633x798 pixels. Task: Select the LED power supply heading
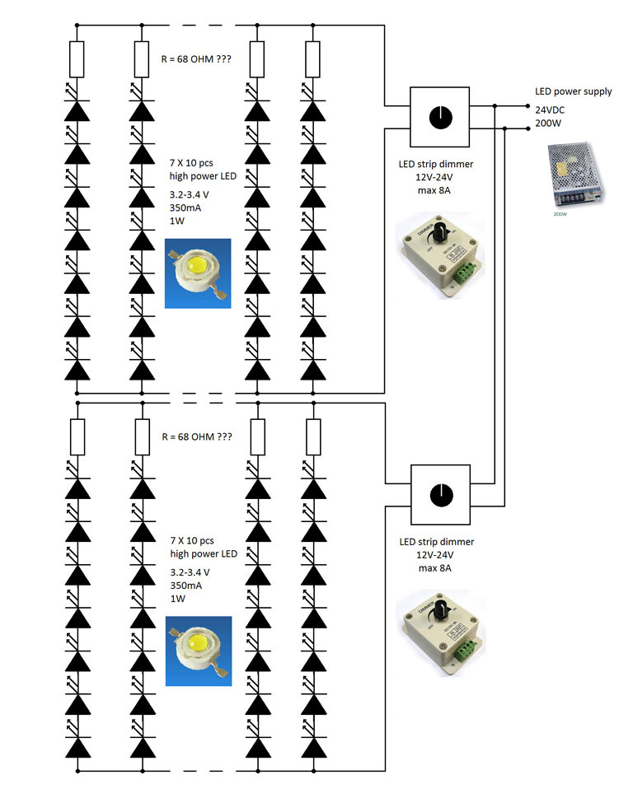click(x=574, y=91)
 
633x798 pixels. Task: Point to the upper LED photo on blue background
click(x=198, y=273)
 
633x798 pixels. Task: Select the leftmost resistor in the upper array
click(x=77, y=59)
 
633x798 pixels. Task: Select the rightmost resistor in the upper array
click(x=312, y=59)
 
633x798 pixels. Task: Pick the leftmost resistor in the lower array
click(x=77, y=437)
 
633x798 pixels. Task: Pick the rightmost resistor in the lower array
click(x=312, y=437)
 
